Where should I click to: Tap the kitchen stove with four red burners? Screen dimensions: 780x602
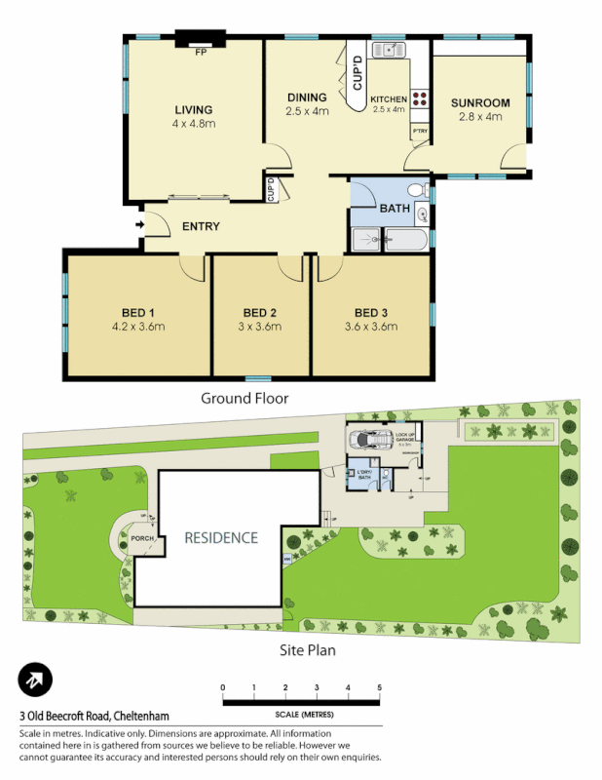[421, 97]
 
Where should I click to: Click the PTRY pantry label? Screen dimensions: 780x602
[420, 131]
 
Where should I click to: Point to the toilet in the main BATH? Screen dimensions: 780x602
[417, 189]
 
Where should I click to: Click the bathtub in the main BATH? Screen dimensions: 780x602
[406, 239]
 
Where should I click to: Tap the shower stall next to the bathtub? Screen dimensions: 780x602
[366, 239]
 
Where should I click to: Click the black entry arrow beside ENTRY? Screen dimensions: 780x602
[139, 226]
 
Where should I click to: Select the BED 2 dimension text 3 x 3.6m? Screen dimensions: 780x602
[261, 327]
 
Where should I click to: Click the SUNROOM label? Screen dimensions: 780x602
[480, 102]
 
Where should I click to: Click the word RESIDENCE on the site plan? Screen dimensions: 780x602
[221, 537]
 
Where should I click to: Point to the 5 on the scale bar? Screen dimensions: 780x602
[379, 688]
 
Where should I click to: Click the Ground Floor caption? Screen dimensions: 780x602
[245, 398]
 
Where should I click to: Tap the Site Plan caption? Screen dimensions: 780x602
[303, 645]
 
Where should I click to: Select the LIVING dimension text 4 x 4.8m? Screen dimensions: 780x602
[193, 124]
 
